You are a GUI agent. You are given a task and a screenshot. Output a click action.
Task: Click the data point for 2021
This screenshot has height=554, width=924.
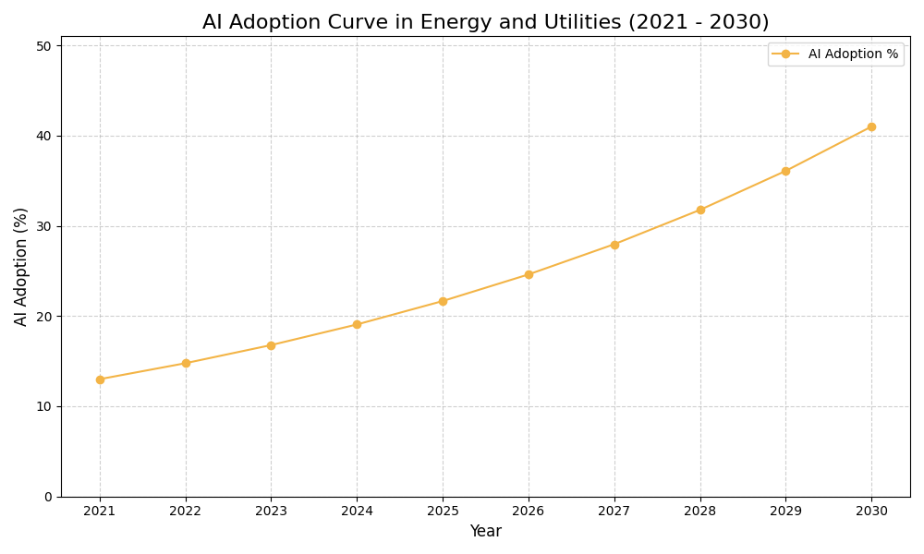[100, 379]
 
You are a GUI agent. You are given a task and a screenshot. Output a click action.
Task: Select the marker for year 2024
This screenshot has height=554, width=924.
[357, 324]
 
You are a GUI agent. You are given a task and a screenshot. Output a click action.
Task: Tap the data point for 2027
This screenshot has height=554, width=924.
[614, 245]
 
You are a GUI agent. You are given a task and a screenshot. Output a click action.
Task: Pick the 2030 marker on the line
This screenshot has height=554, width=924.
[871, 126]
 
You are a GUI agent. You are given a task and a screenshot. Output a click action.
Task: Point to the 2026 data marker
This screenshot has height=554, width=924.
[529, 274]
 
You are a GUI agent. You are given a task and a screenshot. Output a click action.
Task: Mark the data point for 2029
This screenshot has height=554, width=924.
[785, 171]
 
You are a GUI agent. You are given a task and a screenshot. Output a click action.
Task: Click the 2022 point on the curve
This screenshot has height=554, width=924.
[186, 363]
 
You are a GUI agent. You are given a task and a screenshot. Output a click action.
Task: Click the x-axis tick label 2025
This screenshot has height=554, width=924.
[443, 511]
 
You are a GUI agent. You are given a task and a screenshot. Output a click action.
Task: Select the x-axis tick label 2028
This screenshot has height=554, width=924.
[699, 511]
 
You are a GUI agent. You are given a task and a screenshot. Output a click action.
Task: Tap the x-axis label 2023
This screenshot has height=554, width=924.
[271, 511]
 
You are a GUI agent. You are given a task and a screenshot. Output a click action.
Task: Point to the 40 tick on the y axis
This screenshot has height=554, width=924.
[43, 136]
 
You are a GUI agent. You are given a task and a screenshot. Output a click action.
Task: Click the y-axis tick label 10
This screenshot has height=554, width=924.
[43, 406]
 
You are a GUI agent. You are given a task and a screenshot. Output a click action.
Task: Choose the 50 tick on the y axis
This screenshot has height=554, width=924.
[43, 45]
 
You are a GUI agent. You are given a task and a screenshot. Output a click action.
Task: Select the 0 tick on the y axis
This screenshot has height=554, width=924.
[48, 497]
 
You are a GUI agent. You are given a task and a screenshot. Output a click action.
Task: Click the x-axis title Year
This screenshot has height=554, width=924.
[485, 532]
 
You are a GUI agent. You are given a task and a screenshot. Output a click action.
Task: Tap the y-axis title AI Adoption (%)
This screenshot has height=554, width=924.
[21, 266]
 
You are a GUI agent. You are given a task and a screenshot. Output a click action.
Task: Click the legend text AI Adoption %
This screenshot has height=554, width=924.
[853, 54]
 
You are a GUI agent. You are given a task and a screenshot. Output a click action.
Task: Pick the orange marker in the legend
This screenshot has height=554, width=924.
[785, 54]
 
